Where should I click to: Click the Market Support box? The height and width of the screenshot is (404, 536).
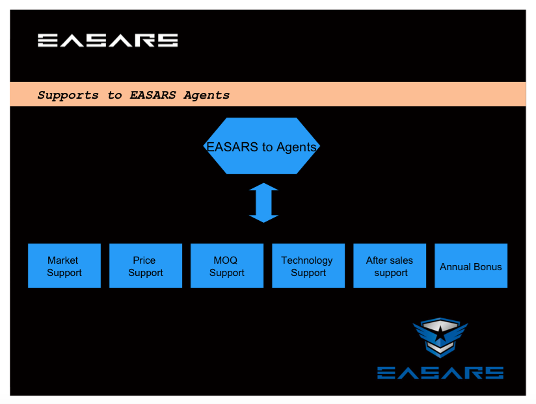point(64,266)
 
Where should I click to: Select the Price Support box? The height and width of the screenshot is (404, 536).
point(146,266)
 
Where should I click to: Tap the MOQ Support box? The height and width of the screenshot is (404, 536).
point(227,266)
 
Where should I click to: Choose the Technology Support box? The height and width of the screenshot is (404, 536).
point(308,266)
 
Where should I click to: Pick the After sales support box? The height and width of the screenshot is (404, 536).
point(390,266)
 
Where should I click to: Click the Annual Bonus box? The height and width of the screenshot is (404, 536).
point(471,266)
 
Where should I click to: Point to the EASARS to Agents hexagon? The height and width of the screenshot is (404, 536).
point(262,146)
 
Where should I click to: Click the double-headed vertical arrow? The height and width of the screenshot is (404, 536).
point(263,203)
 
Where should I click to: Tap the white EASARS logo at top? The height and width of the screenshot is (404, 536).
point(108,40)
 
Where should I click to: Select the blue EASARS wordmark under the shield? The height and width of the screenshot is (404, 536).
point(440,373)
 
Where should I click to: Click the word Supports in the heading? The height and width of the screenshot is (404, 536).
point(68,95)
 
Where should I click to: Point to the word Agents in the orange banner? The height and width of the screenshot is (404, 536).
point(206,95)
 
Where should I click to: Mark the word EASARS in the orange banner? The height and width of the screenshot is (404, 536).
point(153,95)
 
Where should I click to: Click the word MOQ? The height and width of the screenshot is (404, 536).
point(226,260)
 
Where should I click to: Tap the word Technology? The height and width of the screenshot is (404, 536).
point(307,260)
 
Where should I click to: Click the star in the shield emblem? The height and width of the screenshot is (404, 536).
point(440,334)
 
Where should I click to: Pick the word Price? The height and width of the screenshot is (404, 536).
point(144,260)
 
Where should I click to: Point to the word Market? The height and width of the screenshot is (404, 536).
point(63,260)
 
